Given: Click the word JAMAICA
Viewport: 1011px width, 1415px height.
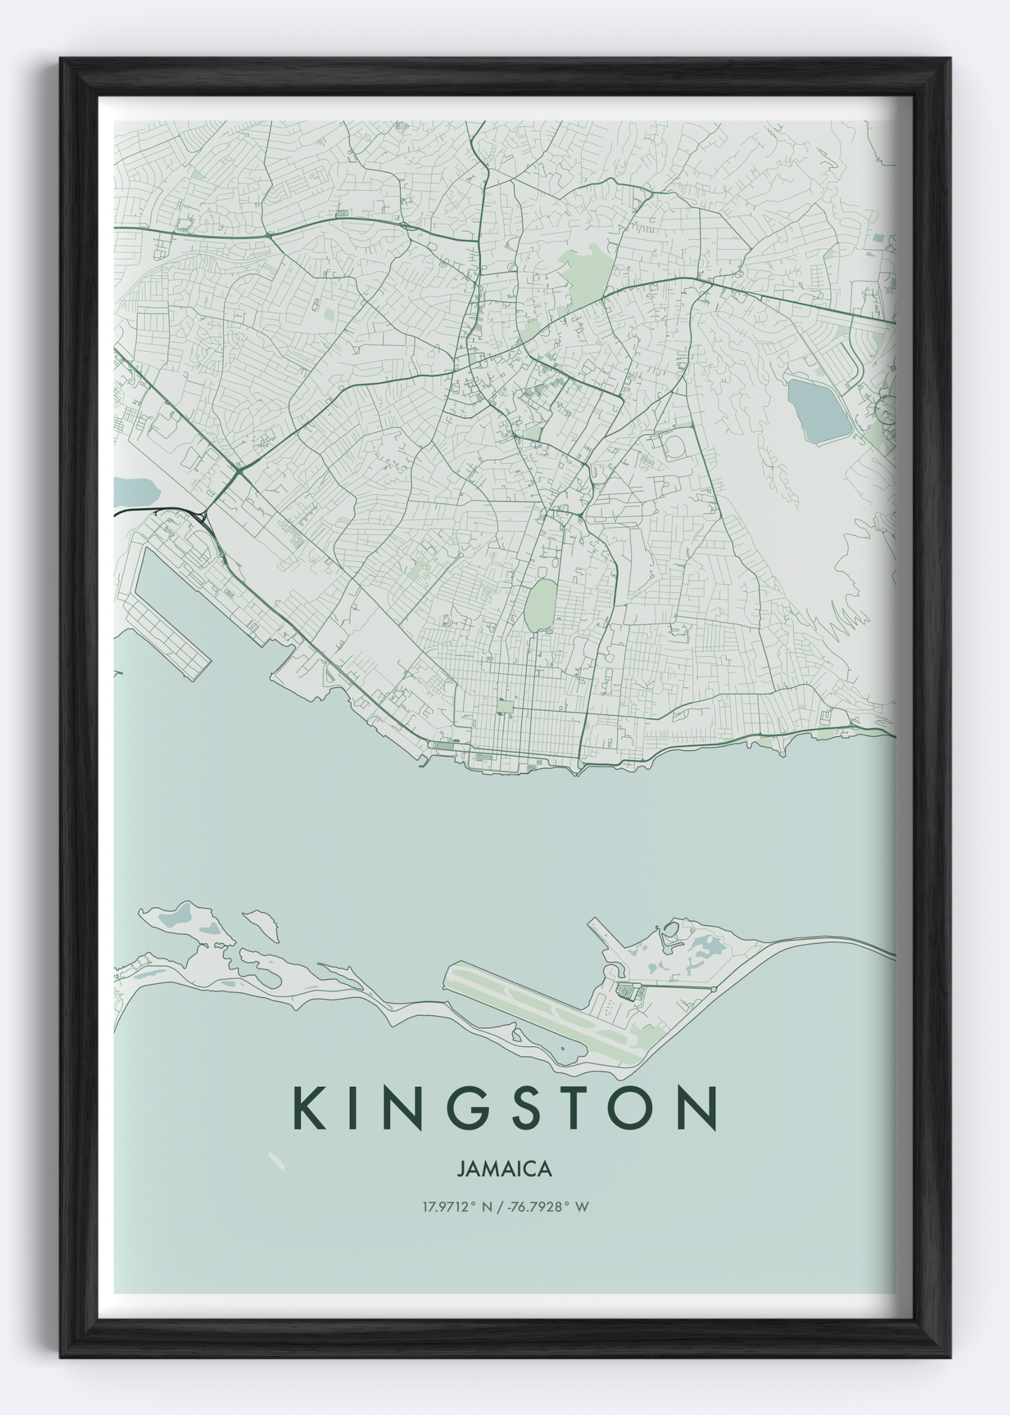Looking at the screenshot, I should (x=504, y=1169).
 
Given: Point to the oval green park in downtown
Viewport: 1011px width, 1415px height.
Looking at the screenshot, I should (x=539, y=605).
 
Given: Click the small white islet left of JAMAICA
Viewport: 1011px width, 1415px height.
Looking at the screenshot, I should (x=277, y=1162).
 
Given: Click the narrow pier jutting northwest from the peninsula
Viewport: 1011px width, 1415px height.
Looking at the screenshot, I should (x=600, y=934).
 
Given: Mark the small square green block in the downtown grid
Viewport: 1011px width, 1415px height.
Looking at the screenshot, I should (x=504, y=706).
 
